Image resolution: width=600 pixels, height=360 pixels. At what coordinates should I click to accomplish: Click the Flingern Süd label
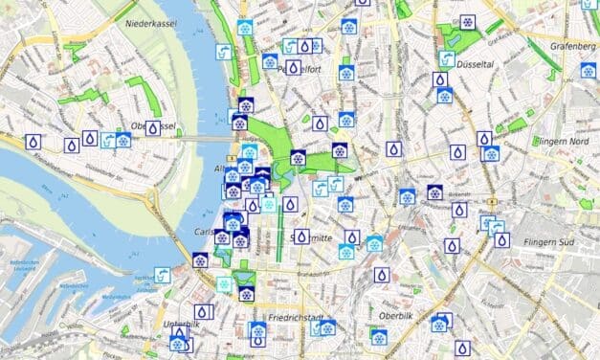click(552, 242)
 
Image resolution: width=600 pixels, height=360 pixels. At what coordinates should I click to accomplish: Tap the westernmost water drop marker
click(33, 142)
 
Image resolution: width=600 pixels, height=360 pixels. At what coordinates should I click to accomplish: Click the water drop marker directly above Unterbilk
click(202, 312)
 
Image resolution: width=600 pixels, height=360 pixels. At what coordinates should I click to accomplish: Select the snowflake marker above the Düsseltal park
click(467, 21)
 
